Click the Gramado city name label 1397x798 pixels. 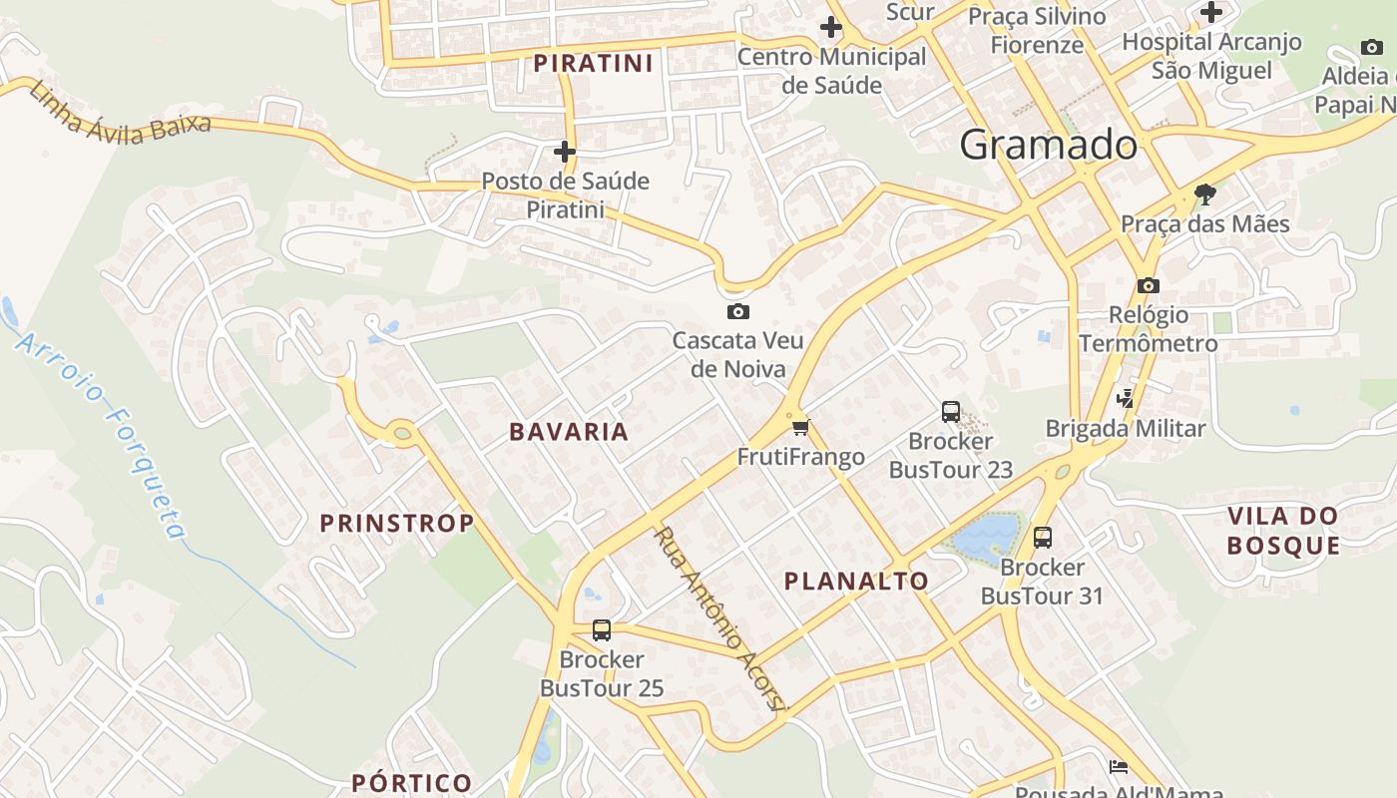(1048, 146)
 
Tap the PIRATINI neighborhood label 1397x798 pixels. (593, 64)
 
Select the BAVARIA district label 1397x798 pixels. (569, 432)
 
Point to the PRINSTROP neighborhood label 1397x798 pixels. (396, 523)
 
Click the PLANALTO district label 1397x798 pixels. (856, 582)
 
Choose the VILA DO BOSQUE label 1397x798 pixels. (1282, 531)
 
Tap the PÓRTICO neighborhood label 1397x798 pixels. (411, 782)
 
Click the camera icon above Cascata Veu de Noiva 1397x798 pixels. (738, 311)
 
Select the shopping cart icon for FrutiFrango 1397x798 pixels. (799, 428)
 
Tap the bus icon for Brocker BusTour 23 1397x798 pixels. (950, 411)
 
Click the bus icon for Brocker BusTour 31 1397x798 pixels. (1042, 538)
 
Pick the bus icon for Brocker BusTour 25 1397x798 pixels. (601, 629)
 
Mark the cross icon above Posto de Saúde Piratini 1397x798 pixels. (565, 152)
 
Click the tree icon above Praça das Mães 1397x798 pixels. (1204, 194)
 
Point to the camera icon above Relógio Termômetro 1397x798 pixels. (1148, 285)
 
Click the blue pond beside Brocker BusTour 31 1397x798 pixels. (986, 537)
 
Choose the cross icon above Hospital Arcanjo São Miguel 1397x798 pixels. (1211, 13)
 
